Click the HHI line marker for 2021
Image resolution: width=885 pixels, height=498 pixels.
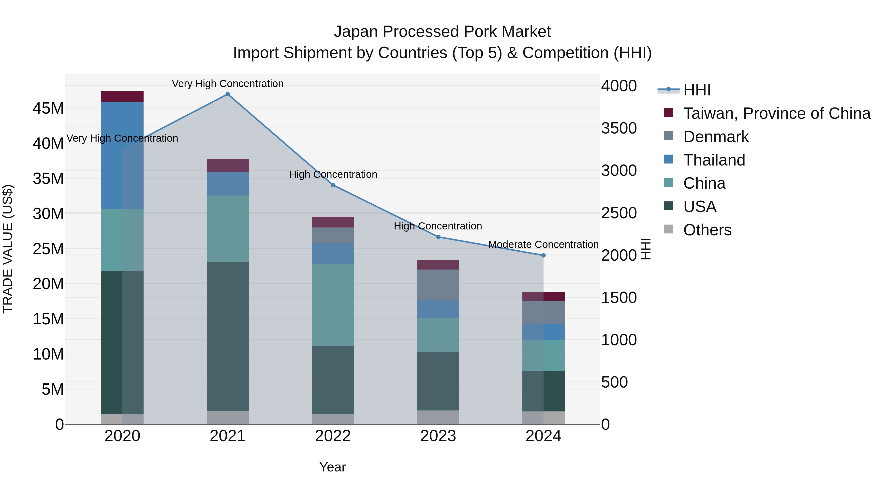click(x=227, y=94)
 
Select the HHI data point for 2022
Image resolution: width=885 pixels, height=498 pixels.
click(x=333, y=185)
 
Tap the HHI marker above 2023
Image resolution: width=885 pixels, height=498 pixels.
click(x=438, y=237)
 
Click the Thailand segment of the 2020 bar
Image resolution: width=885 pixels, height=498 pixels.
click(x=122, y=155)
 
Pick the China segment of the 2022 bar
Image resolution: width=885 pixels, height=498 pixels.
click(x=333, y=305)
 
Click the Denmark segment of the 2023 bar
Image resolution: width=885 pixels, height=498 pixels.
click(x=438, y=285)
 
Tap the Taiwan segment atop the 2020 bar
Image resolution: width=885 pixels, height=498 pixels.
click(x=122, y=97)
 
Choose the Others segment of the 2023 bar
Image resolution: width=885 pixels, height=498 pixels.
click(x=438, y=417)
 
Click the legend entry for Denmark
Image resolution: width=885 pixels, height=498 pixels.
click(x=716, y=137)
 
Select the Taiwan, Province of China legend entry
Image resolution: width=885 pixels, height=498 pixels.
click(x=776, y=113)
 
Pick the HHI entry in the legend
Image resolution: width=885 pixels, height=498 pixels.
click(x=696, y=90)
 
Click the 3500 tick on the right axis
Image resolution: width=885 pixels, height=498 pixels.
click(x=619, y=128)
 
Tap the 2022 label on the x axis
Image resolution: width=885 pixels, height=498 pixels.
click(x=333, y=436)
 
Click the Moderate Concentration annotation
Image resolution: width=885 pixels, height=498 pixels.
click(x=543, y=244)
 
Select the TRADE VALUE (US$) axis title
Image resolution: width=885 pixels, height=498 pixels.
click(x=8, y=249)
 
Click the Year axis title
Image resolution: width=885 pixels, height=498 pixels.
click(x=332, y=467)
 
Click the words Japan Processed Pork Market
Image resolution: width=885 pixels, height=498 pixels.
click(x=442, y=32)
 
